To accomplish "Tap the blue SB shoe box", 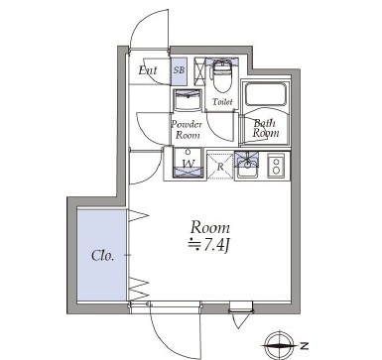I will tap(179, 69).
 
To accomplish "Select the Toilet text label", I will tap(223, 101).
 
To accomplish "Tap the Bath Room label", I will tap(264, 128).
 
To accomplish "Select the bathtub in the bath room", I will tap(266, 99).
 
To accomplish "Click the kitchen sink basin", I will tap(248, 165).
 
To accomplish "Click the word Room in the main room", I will tap(210, 225).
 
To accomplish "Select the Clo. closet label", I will tap(103, 255).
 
